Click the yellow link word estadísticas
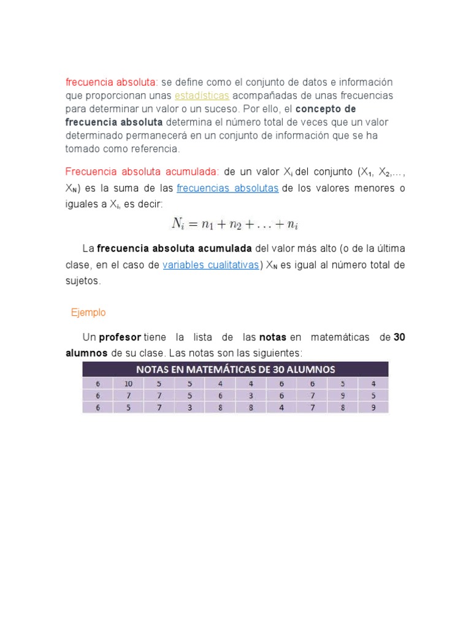point(202,96)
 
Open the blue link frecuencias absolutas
point(228,188)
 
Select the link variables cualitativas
point(211,265)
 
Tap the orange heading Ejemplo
point(88,313)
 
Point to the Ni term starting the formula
point(178,224)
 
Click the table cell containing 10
point(128,383)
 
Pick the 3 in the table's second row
point(251,396)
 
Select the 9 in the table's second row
point(343,396)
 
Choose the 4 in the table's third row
point(281,407)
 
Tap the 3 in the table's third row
point(190,407)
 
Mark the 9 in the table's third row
point(373,407)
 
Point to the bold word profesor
point(120,337)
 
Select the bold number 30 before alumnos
point(399,337)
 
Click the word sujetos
point(82,281)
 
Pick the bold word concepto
point(316,109)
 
